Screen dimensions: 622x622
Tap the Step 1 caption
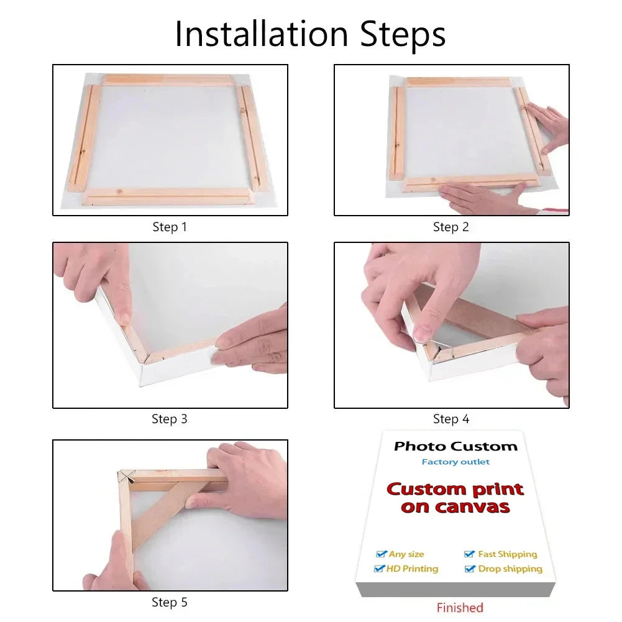pyautogui.click(x=170, y=227)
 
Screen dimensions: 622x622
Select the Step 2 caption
pyautogui.click(x=450, y=227)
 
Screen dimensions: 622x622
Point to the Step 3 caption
pyautogui.click(x=170, y=419)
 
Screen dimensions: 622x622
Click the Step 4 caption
pyautogui.click(x=450, y=419)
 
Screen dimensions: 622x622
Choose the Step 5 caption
pyautogui.click(x=170, y=602)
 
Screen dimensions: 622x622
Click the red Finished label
pyautogui.click(x=459, y=608)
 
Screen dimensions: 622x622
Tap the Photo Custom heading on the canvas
pyautogui.click(x=455, y=446)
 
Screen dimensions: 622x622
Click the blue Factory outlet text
pyautogui.click(x=455, y=462)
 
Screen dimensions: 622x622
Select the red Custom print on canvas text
pyautogui.click(x=455, y=498)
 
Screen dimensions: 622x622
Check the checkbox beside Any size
pyautogui.click(x=382, y=554)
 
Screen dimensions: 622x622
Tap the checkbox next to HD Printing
pyautogui.click(x=379, y=569)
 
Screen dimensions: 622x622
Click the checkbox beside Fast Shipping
pyautogui.click(x=470, y=554)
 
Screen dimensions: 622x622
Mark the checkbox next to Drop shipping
pyautogui.click(x=470, y=569)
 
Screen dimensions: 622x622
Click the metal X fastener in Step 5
pyautogui.click(x=127, y=477)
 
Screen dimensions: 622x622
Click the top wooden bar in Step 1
pyautogui.click(x=167, y=80)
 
